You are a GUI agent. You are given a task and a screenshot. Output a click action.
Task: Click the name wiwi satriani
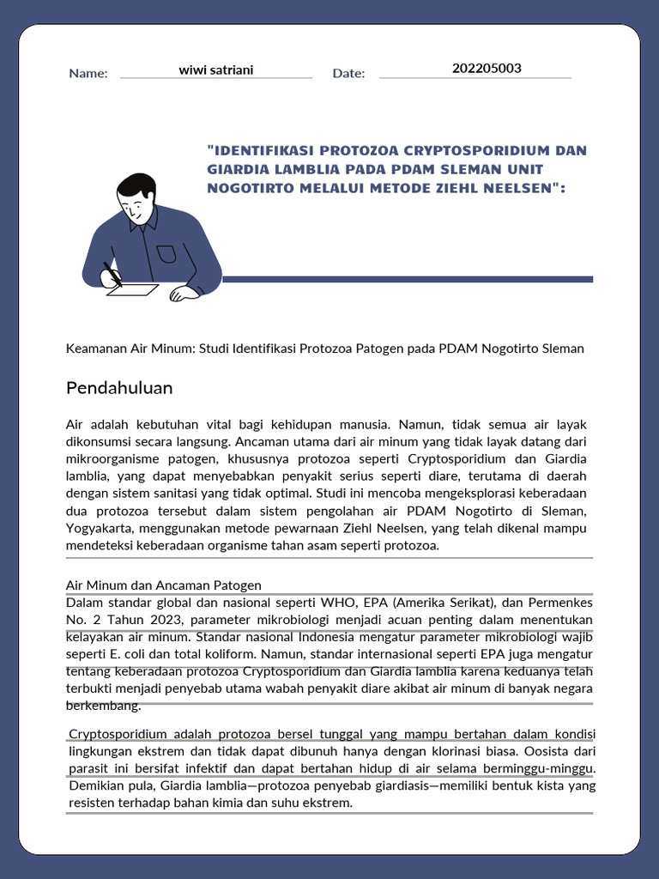click(x=215, y=70)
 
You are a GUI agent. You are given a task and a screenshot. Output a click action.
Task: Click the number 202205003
click(x=487, y=69)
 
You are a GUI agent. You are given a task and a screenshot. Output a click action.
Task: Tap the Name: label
click(x=88, y=74)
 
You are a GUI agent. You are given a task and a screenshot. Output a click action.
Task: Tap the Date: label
click(x=348, y=74)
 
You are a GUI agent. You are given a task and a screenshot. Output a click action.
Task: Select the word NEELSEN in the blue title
click(x=515, y=187)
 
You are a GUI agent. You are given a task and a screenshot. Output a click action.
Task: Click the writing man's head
click(x=136, y=197)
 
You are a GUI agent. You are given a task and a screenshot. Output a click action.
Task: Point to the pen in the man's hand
click(x=112, y=274)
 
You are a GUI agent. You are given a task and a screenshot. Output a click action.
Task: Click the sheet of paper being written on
click(x=133, y=290)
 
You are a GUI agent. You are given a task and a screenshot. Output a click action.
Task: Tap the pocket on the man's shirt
click(x=166, y=253)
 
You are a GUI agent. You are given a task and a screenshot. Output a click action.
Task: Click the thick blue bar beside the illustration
click(x=408, y=279)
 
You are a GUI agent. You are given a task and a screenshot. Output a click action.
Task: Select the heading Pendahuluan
click(x=119, y=388)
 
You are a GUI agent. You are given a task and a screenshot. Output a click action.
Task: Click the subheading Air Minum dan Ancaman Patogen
click(x=163, y=585)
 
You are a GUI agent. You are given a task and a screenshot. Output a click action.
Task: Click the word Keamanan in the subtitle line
click(x=95, y=349)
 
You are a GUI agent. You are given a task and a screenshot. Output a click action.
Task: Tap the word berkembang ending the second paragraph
click(x=103, y=706)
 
